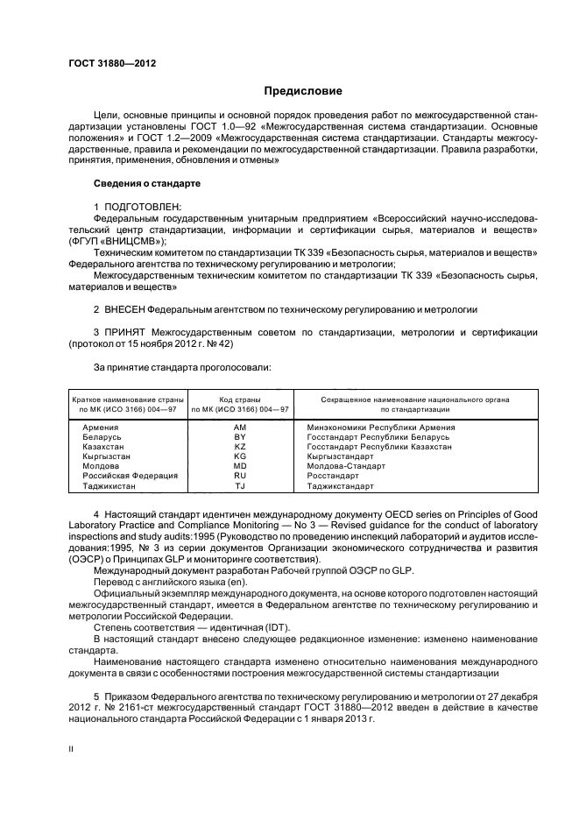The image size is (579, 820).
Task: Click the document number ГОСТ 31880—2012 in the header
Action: click(x=106, y=64)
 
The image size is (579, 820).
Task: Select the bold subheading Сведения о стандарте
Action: click(x=146, y=184)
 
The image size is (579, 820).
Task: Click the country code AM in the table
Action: click(x=240, y=428)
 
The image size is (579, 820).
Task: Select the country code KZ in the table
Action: click(x=240, y=447)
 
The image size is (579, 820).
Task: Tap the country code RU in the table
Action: click(x=240, y=476)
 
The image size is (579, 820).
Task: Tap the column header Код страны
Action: click(x=240, y=399)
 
